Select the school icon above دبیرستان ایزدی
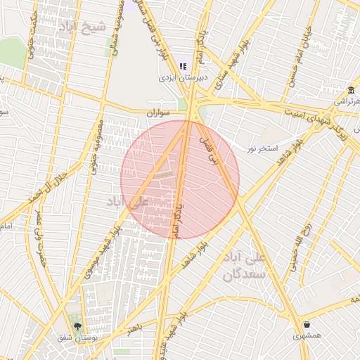(x=182, y=66)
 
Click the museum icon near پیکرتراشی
(x=351, y=90)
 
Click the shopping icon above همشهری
(x=307, y=324)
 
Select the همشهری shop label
(x=308, y=336)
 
